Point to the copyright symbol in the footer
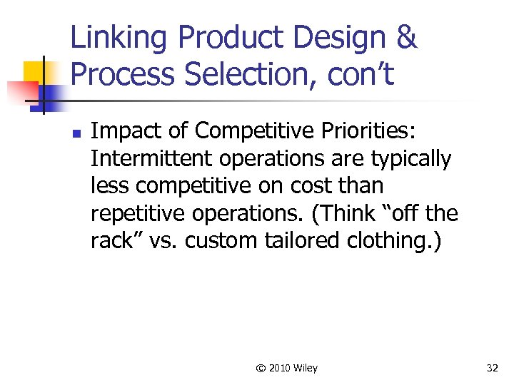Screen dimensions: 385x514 pyautogui.click(x=261, y=368)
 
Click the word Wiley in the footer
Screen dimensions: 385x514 pyautogui.click(x=305, y=368)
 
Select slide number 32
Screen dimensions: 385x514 pyautogui.click(x=492, y=368)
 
